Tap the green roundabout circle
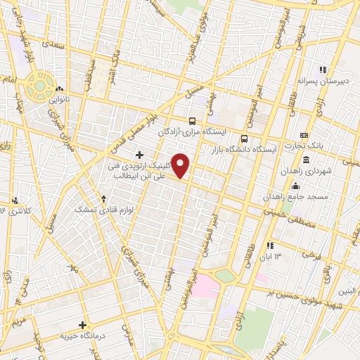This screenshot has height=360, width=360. pyautogui.click(x=41, y=86)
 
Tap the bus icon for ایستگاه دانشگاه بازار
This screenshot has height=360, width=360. pyautogui.click(x=245, y=138)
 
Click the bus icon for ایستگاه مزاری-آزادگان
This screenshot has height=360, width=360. pyautogui.click(x=192, y=120)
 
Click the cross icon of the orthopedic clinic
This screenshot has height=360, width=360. pyautogui.click(x=139, y=155)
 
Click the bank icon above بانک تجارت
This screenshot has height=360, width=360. pyautogui.click(x=304, y=135)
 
